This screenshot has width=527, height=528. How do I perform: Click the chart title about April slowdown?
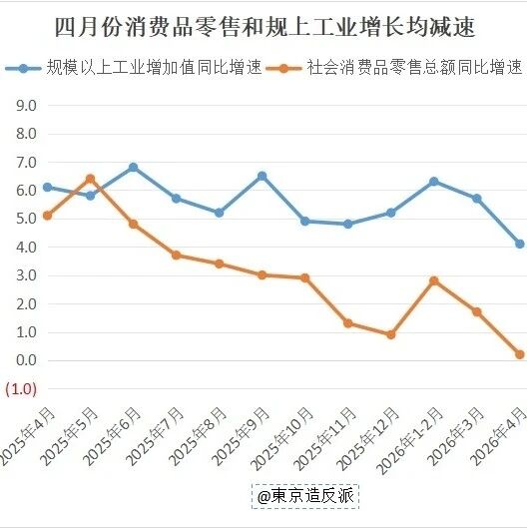[264, 26]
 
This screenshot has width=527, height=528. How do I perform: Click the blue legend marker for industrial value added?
[23, 68]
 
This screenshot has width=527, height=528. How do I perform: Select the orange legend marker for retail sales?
[283, 68]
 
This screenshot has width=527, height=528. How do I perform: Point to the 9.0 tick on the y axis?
[26, 106]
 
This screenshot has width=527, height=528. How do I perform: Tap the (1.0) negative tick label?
[21, 389]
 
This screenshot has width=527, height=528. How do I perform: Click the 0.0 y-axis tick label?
[26, 360]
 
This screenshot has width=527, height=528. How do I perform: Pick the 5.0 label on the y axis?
[26, 219]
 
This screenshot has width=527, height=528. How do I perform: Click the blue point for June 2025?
[134, 167]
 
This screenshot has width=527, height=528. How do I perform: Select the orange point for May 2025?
[90, 179]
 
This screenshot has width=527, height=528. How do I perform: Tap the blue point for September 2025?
[262, 176]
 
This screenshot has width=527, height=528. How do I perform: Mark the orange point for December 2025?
[391, 334]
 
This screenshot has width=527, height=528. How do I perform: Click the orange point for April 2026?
[520, 354]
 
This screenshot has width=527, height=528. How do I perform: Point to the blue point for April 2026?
[520, 244]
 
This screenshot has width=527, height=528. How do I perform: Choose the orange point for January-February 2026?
[434, 280]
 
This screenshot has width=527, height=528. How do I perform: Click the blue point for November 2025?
[348, 224]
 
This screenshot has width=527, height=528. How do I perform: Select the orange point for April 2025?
[48, 216]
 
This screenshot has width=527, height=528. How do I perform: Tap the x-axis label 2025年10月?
[282, 438]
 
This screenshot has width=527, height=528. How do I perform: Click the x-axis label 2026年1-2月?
[409, 440]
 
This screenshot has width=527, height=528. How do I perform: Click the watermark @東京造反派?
[305, 496]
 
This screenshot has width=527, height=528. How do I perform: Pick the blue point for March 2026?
[477, 199]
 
